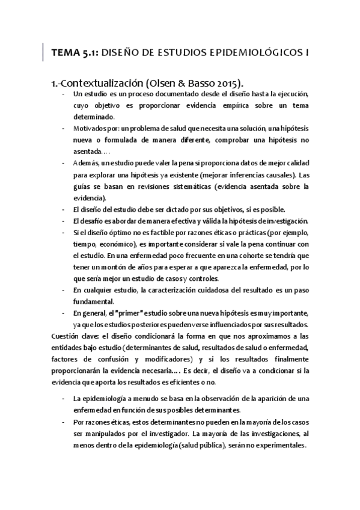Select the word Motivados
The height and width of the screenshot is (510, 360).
[x=88, y=129]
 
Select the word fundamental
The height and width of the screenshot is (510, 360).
[x=94, y=301]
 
